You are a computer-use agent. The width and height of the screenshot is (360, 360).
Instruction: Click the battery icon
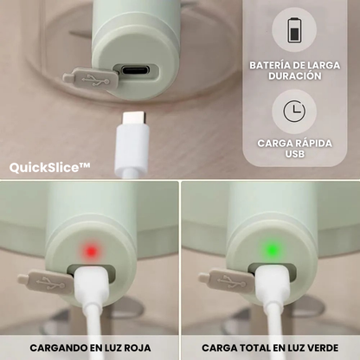[294, 30]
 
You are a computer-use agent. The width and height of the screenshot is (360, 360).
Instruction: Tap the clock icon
[294, 111]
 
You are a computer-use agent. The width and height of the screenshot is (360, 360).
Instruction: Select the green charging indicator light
[271, 250]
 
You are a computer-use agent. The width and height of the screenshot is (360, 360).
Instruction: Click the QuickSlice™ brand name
[49, 168]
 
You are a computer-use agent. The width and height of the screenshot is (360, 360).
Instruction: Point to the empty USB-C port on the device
[135, 71]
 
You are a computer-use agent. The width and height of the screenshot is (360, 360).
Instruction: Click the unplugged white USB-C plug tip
[134, 118]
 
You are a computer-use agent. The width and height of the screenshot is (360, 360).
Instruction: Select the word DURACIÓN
[295, 76]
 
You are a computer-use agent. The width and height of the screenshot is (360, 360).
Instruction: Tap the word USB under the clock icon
[295, 154]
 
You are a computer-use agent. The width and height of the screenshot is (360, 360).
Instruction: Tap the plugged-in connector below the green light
[273, 283]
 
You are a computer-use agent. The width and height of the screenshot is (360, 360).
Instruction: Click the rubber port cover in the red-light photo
[46, 281]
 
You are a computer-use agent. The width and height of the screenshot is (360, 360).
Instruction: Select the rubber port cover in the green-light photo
[227, 280]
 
